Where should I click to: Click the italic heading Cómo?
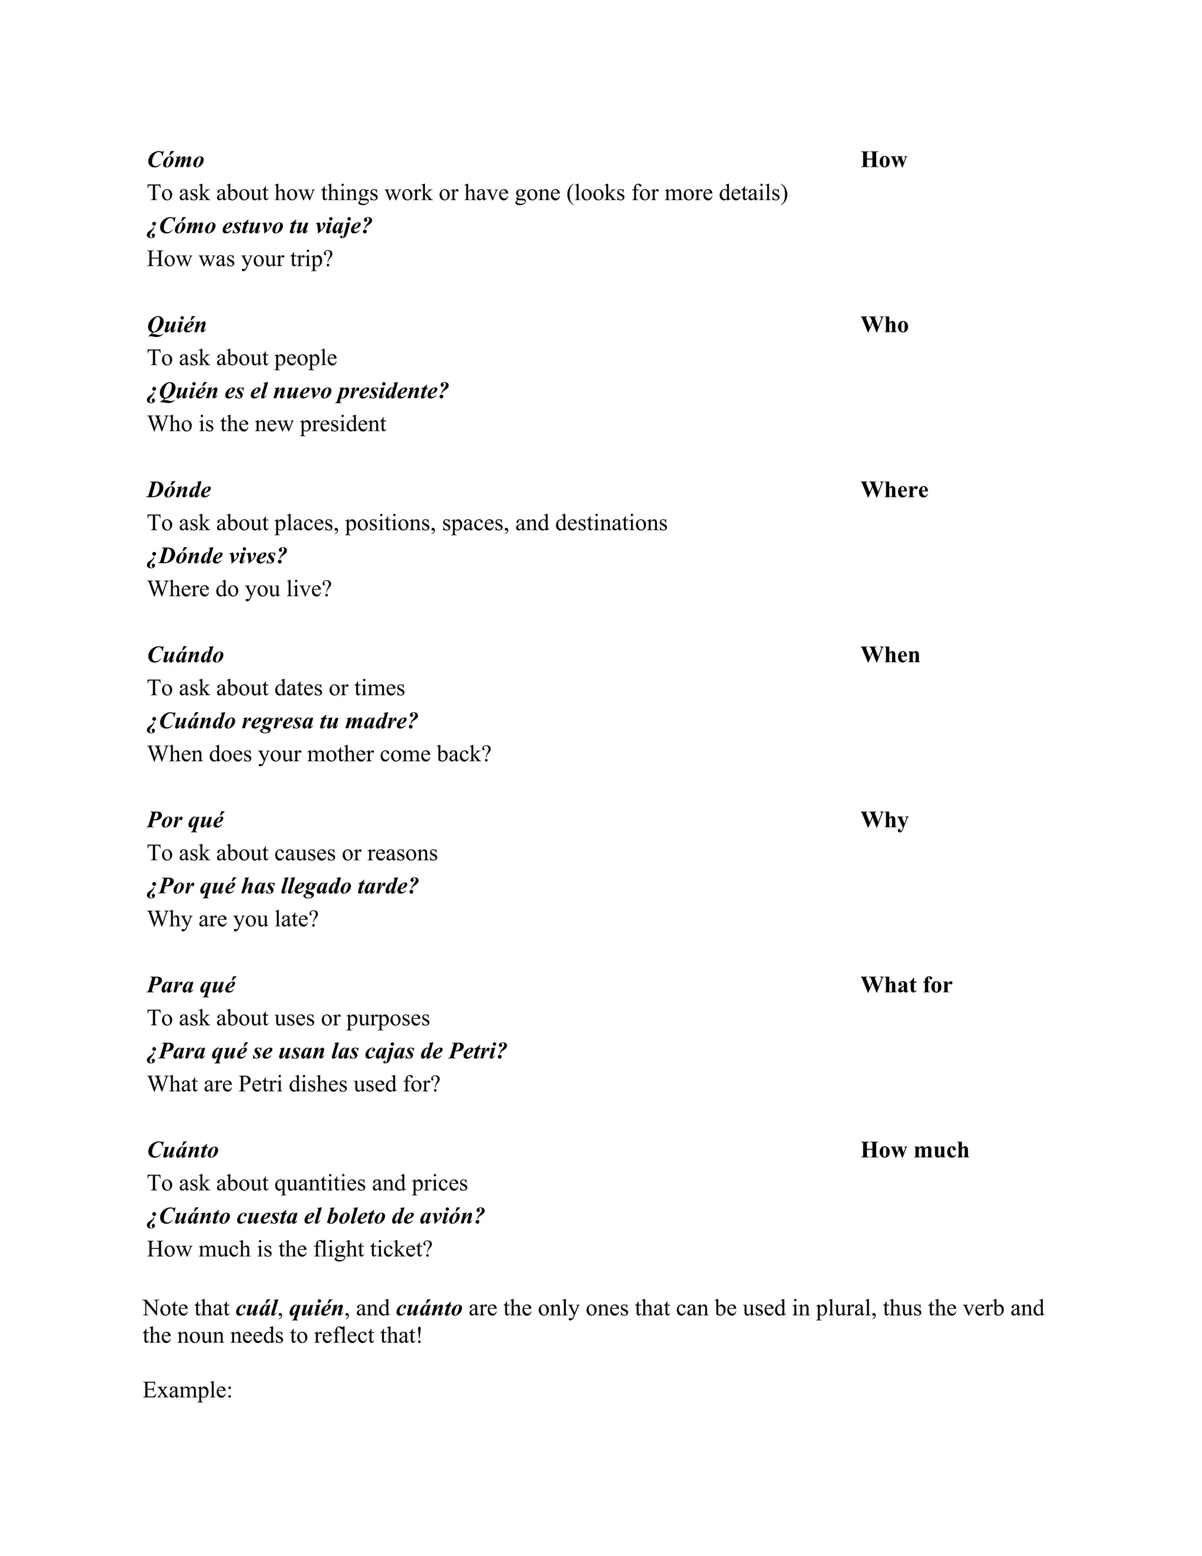click(x=175, y=160)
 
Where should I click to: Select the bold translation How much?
click(x=914, y=1150)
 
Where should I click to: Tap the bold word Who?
click(x=884, y=325)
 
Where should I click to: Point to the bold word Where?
click(x=894, y=490)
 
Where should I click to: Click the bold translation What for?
click(x=906, y=985)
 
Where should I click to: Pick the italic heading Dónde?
click(x=179, y=490)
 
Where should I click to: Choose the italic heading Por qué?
click(x=185, y=820)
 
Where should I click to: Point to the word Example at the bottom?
click(x=187, y=1390)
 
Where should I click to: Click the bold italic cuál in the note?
click(x=256, y=1308)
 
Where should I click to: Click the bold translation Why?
click(x=884, y=820)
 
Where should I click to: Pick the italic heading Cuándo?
click(x=185, y=655)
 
